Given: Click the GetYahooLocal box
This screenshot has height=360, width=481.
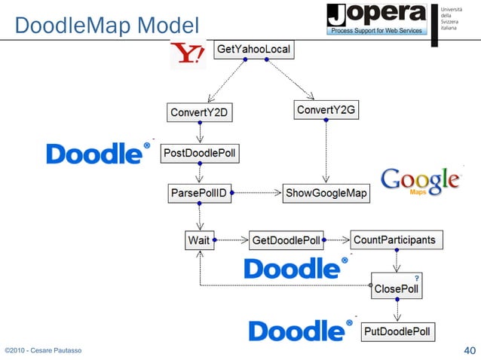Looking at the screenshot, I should click(253, 49).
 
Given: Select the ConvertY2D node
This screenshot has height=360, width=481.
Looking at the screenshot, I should click(199, 114).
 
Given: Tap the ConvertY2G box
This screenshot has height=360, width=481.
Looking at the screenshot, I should click(325, 111).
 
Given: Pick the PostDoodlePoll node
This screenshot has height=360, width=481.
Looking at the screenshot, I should click(200, 154).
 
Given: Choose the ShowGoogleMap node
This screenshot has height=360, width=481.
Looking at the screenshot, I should click(326, 194).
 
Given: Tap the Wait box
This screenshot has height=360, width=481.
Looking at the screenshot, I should click(199, 241).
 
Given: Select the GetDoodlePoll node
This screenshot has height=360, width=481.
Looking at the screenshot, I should click(286, 241).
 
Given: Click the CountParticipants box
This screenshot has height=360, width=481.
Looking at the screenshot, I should click(394, 240).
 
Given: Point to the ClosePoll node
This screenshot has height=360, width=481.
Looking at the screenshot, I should click(396, 288).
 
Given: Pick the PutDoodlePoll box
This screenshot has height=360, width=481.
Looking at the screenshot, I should click(397, 331).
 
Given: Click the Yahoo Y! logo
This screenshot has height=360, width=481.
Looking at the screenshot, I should click(187, 53).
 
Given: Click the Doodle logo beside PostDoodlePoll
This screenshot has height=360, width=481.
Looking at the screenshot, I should click(93, 154).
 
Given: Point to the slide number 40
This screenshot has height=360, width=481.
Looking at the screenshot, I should click(468, 350).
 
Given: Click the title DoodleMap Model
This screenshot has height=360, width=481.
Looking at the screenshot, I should click(106, 26).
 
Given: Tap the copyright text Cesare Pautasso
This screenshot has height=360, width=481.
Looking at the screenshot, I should click(43, 351).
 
